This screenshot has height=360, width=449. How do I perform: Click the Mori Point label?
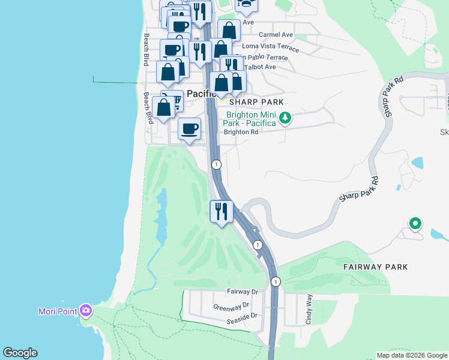point(55,311)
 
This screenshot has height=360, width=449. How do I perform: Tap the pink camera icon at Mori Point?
point(86,310)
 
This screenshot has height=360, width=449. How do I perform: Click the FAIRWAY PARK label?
point(375,266)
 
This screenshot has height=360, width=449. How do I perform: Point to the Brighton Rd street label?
point(241,132)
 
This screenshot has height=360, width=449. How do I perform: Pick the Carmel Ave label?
point(276,35)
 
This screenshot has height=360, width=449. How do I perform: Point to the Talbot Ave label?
point(259,67)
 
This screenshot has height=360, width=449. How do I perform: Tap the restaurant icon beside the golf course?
point(221,211)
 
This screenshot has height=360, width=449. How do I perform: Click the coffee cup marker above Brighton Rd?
point(190,129)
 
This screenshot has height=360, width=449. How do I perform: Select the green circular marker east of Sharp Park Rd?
point(414,224)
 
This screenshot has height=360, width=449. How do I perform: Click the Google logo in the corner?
point(20,353)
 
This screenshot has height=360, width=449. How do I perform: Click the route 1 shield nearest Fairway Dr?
point(275,281)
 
